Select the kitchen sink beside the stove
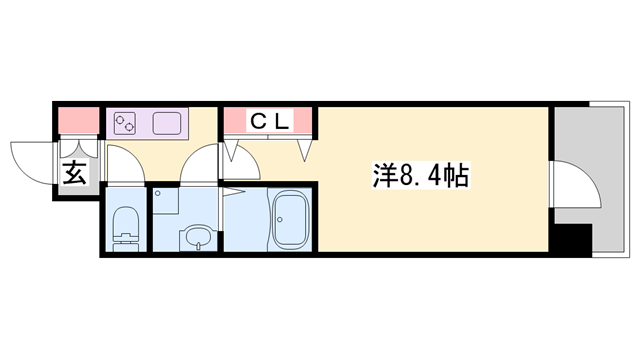click(166, 124)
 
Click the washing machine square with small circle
click(167, 200)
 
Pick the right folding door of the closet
click(306, 150)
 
